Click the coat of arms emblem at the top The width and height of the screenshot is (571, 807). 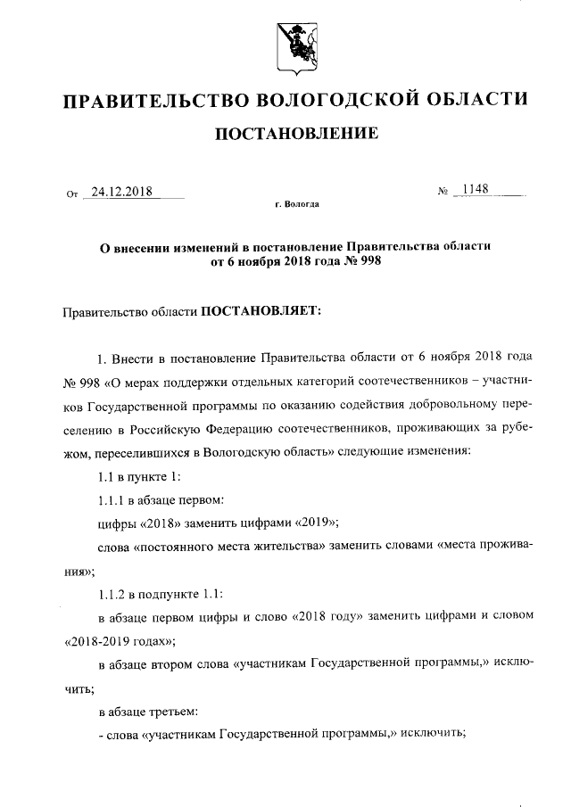285,43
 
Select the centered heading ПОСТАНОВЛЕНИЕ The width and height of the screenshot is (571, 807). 285,134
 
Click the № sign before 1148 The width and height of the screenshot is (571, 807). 442,192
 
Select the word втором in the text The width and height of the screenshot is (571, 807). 182,664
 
